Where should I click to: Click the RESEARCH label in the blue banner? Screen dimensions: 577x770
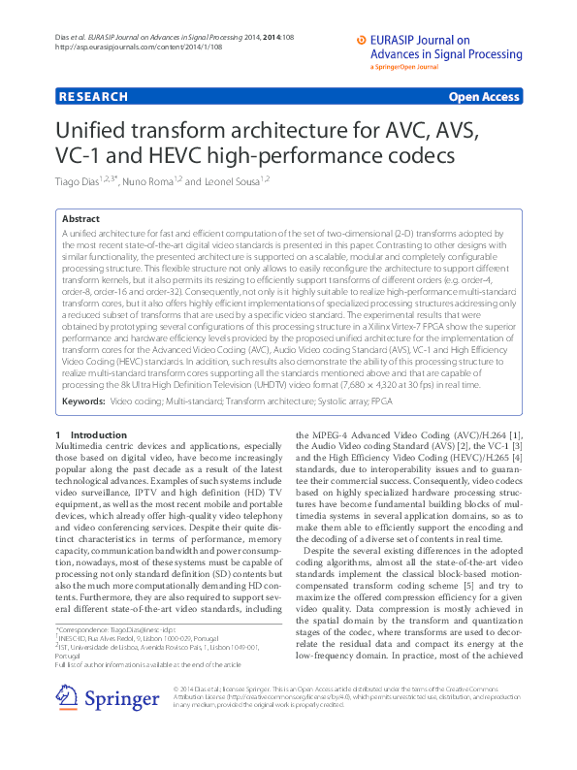pos(93,97)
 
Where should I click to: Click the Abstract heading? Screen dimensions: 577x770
pos(80,220)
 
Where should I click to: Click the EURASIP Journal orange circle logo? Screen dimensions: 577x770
pos(364,41)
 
